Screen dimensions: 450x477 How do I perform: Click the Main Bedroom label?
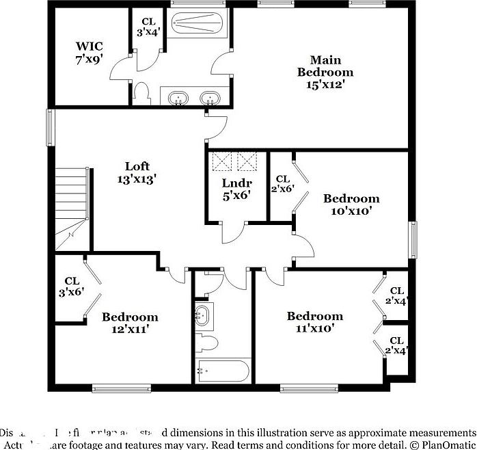tap(325, 66)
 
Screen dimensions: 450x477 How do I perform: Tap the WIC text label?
tap(89, 47)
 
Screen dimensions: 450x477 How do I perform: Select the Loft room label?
tap(137, 166)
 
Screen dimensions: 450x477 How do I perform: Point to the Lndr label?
tap(236, 183)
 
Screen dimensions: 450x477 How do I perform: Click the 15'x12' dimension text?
tap(325, 85)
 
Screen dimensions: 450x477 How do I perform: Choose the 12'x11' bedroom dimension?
tap(130, 329)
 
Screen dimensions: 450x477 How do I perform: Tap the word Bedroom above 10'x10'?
tap(351, 199)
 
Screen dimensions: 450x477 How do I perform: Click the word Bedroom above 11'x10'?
tap(314, 316)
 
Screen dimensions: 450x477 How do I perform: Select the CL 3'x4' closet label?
tap(148, 27)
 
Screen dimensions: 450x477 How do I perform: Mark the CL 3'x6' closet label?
tap(72, 286)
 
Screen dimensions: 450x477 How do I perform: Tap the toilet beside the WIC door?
tap(142, 92)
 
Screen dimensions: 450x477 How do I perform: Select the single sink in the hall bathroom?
tap(202, 316)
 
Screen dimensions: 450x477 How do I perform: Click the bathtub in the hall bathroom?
tap(223, 371)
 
